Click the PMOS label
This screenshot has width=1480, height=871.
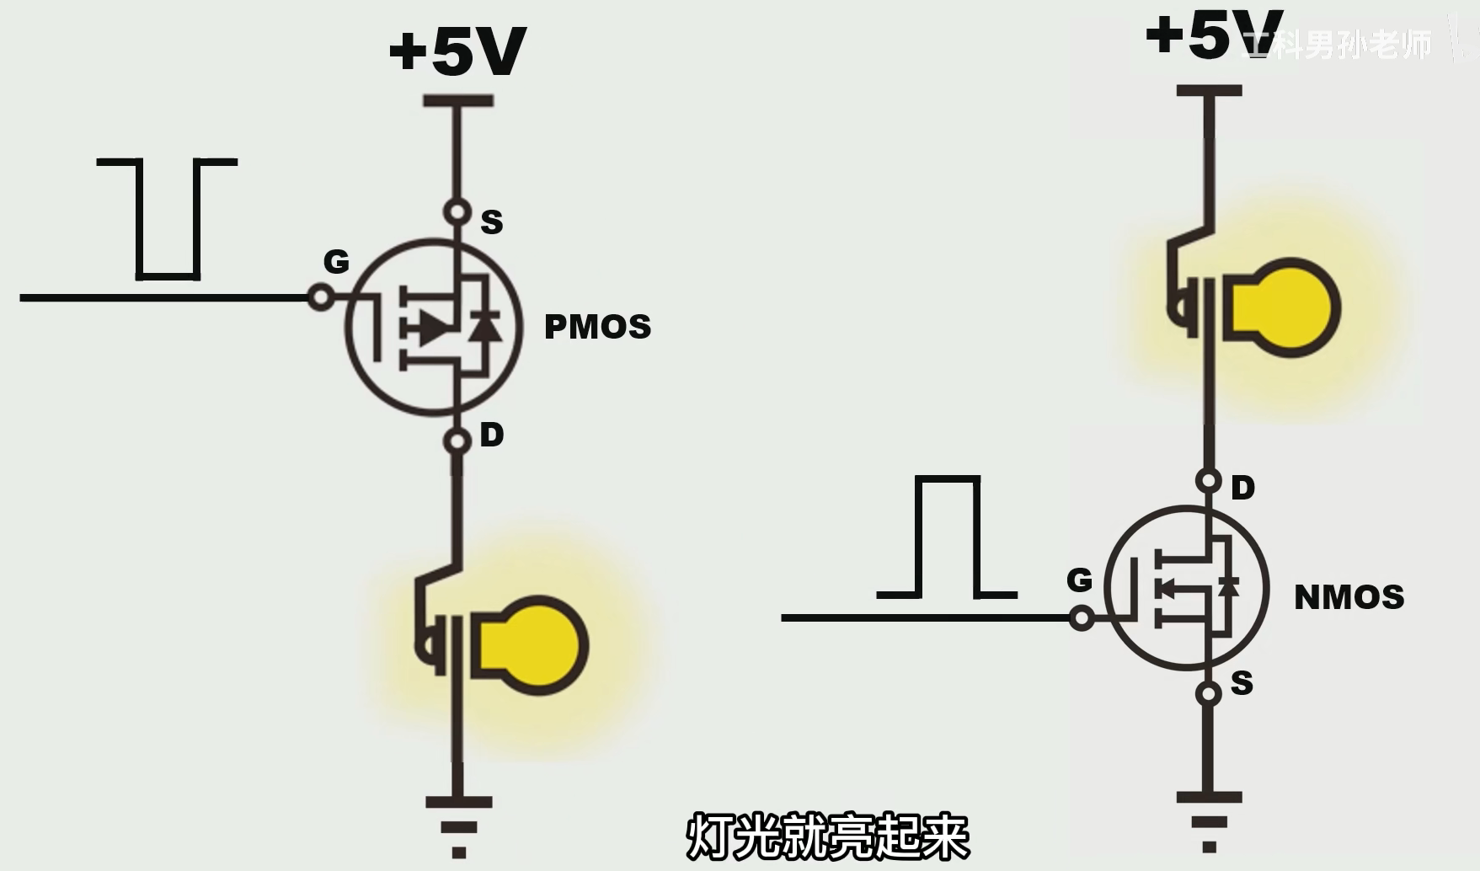click(597, 327)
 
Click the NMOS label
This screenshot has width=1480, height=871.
click(1349, 597)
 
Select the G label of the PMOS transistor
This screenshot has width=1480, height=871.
click(336, 262)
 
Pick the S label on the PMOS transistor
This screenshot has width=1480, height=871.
click(491, 222)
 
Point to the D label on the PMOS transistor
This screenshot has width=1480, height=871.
click(491, 435)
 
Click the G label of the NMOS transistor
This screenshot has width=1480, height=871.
click(1079, 580)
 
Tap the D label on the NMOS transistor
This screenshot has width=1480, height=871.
click(1242, 488)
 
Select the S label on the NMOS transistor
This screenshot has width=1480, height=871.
click(1242, 683)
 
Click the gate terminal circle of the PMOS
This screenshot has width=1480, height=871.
click(320, 297)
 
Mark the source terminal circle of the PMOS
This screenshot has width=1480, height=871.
click(457, 211)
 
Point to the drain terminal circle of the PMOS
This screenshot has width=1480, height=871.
click(457, 441)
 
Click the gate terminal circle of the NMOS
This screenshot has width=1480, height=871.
click(1082, 618)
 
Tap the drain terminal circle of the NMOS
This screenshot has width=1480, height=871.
click(1209, 481)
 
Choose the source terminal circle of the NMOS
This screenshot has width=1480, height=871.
click(1209, 693)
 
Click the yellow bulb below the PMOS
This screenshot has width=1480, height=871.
click(531, 645)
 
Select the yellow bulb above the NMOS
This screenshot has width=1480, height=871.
click(1285, 307)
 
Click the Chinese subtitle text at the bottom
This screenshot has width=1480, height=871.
click(827, 836)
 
